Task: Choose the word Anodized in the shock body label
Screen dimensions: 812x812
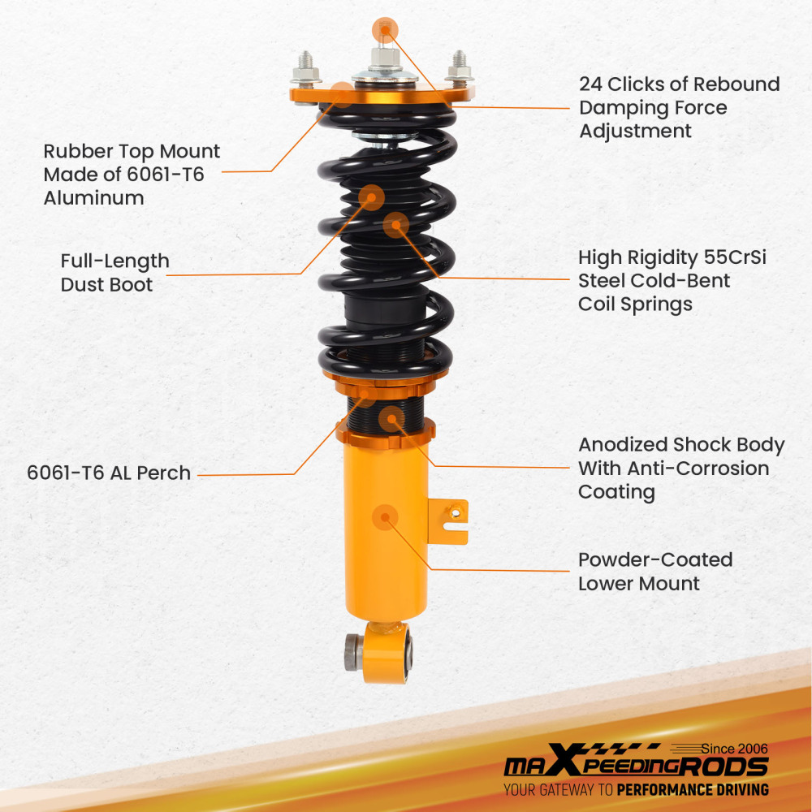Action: [622, 445]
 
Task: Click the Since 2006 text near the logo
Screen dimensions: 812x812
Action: [734, 748]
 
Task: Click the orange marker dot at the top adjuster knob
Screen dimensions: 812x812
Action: [386, 30]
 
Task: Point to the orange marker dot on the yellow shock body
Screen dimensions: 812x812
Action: [384, 517]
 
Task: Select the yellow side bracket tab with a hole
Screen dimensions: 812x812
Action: [451, 520]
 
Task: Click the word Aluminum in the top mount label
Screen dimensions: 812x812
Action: [93, 198]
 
